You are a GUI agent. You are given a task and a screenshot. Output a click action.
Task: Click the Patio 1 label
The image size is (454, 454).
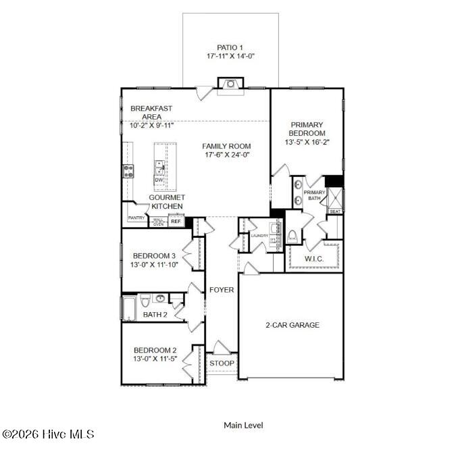230,47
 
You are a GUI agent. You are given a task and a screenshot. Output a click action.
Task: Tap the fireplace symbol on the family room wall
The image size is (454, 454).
230,84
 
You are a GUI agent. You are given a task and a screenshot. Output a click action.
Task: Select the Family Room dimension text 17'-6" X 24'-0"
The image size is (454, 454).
226,154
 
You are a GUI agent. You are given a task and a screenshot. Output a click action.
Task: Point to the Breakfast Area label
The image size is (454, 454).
151,112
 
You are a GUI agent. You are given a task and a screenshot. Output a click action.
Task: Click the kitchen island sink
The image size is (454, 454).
159,167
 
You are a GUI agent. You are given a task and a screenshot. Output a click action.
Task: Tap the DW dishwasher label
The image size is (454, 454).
158,180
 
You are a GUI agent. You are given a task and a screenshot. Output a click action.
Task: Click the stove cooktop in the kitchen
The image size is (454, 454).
128,171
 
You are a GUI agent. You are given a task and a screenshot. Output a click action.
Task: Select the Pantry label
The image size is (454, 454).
136,218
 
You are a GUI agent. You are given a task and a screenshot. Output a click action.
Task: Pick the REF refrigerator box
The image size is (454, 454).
176,221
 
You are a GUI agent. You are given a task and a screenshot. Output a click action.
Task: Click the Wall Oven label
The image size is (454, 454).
158,222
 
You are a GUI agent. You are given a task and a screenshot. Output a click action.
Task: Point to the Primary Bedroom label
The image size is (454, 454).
307,128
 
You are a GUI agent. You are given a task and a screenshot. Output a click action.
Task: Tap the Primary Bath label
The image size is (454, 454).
315,195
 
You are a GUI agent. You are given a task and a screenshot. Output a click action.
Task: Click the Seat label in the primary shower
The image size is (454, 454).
334,211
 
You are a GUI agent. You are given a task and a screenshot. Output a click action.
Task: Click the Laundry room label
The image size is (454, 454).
259,235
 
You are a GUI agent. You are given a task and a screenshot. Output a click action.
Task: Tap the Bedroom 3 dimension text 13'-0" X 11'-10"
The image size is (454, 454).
154,265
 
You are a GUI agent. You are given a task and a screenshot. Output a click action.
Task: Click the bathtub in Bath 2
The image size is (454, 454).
128,309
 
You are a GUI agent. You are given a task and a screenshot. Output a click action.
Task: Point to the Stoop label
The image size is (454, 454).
222,363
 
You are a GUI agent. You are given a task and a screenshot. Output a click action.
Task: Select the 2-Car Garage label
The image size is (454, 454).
292,325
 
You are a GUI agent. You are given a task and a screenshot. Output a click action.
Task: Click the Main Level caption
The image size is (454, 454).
243,425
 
